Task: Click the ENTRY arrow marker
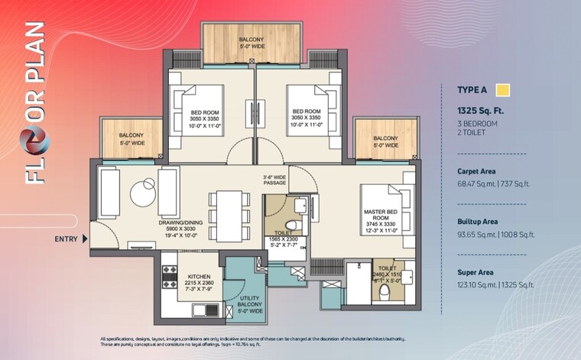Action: [85, 239]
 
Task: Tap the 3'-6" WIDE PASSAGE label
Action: [274, 180]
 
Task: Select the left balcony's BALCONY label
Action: [131, 138]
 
